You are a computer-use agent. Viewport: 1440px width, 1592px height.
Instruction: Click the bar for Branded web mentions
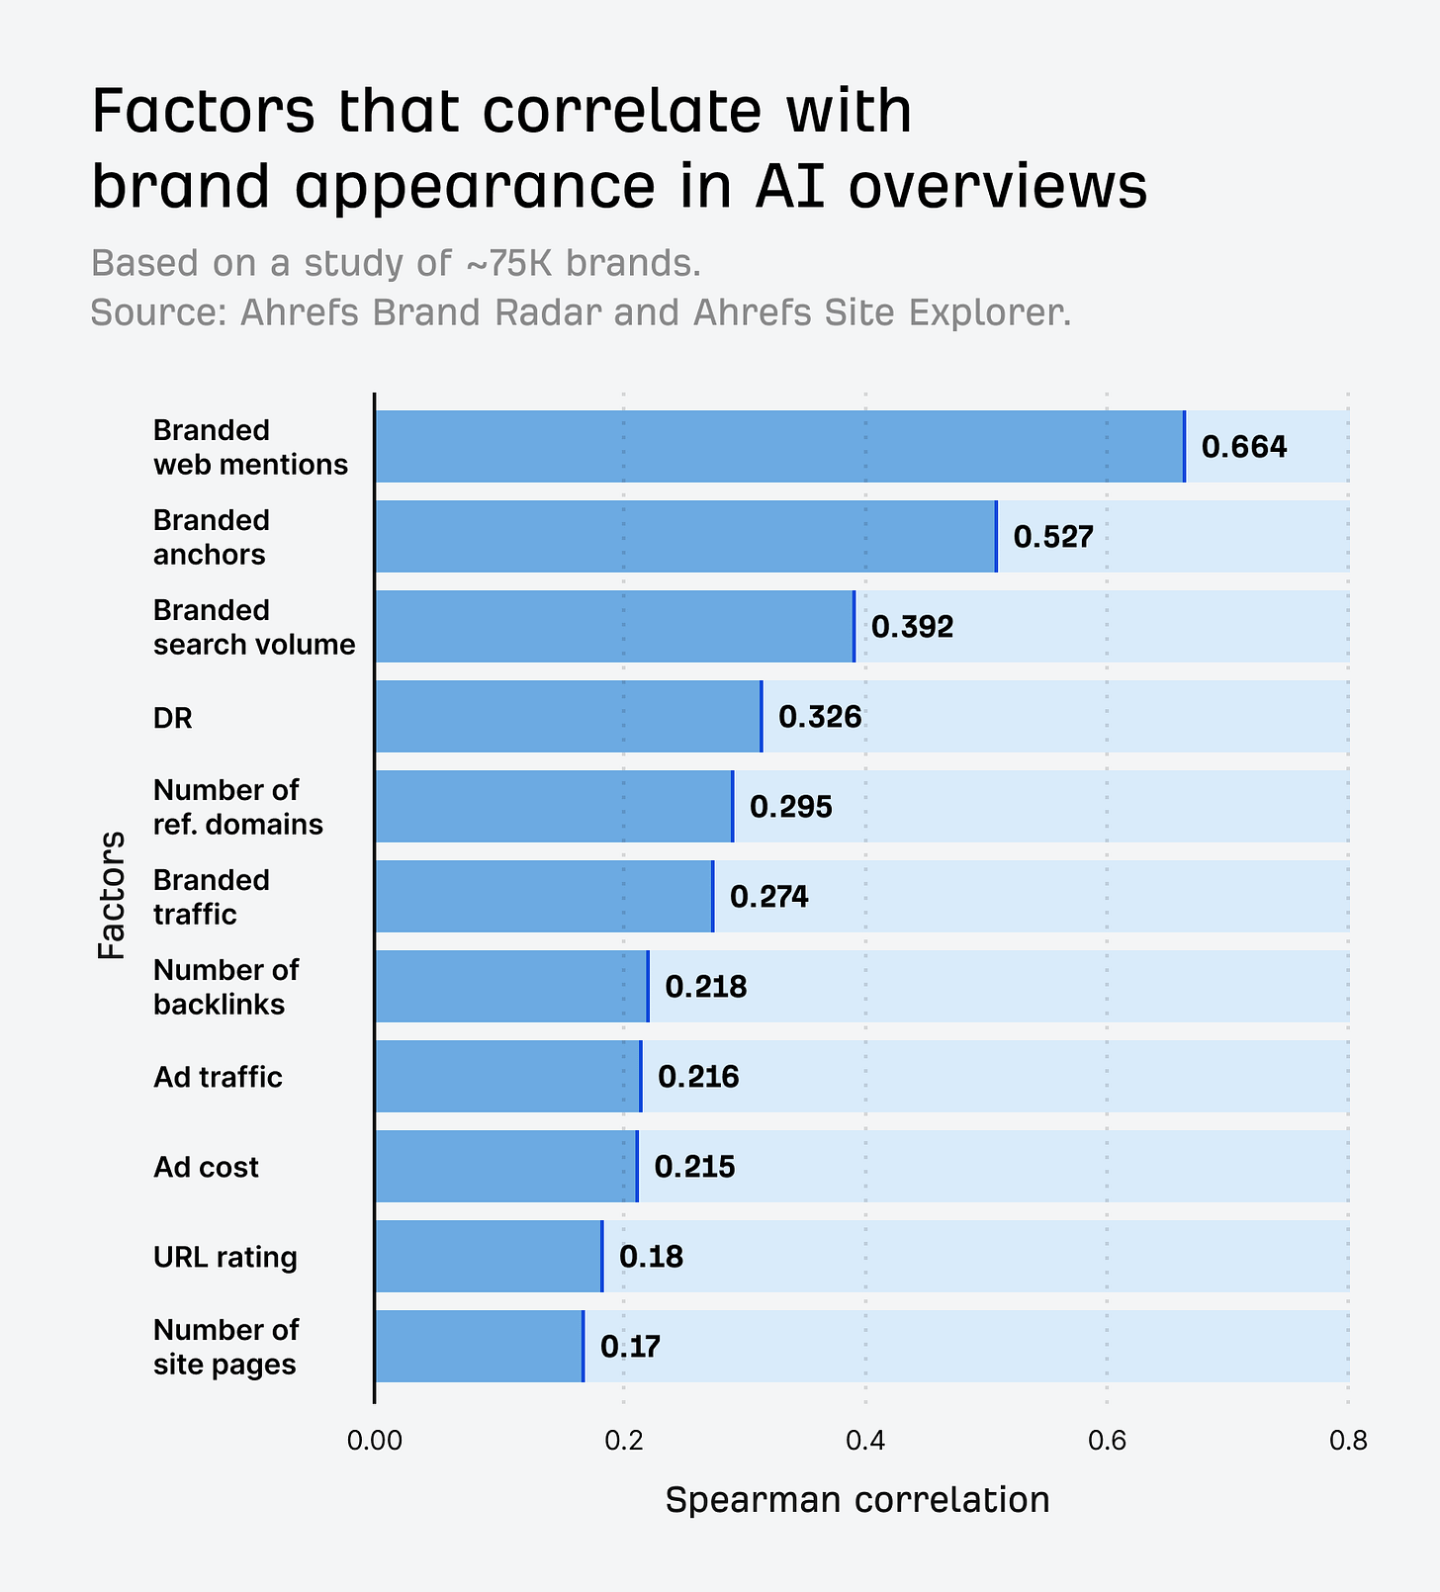pyautogui.click(x=779, y=447)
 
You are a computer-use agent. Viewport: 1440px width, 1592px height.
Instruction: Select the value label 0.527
pyautogui.click(x=1053, y=537)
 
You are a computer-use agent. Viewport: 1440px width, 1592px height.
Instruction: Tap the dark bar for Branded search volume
pyautogui.click(x=614, y=627)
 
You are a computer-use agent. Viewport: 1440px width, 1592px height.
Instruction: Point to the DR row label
pyautogui.click(x=173, y=718)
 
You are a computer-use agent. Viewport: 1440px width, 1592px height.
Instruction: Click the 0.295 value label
pyautogui.click(x=790, y=807)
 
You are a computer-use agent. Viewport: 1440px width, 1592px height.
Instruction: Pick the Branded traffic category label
pyautogui.click(x=211, y=897)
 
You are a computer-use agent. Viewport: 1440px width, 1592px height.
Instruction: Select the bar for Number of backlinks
pyautogui.click(x=511, y=987)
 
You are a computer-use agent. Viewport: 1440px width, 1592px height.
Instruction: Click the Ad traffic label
pyautogui.click(x=218, y=1077)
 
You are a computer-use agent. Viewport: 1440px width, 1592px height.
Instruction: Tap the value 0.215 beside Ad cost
pyautogui.click(x=694, y=1167)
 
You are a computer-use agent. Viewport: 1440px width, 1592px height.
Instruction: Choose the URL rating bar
pyautogui.click(x=489, y=1257)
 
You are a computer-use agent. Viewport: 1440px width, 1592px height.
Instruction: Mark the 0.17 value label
pyautogui.click(x=630, y=1347)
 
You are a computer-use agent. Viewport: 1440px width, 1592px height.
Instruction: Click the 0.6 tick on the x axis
pyautogui.click(x=1107, y=1442)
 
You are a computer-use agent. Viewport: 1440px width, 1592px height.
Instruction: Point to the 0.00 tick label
pyautogui.click(x=374, y=1442)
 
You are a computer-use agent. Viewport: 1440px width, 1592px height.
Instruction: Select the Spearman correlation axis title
pyautogui.click(x=856, y=1500)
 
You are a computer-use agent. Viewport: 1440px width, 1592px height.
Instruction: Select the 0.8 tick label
pyautogui.click(x=1348, y=1442)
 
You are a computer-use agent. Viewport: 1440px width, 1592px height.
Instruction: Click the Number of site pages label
pyautogui.click(x=225, y=1347)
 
